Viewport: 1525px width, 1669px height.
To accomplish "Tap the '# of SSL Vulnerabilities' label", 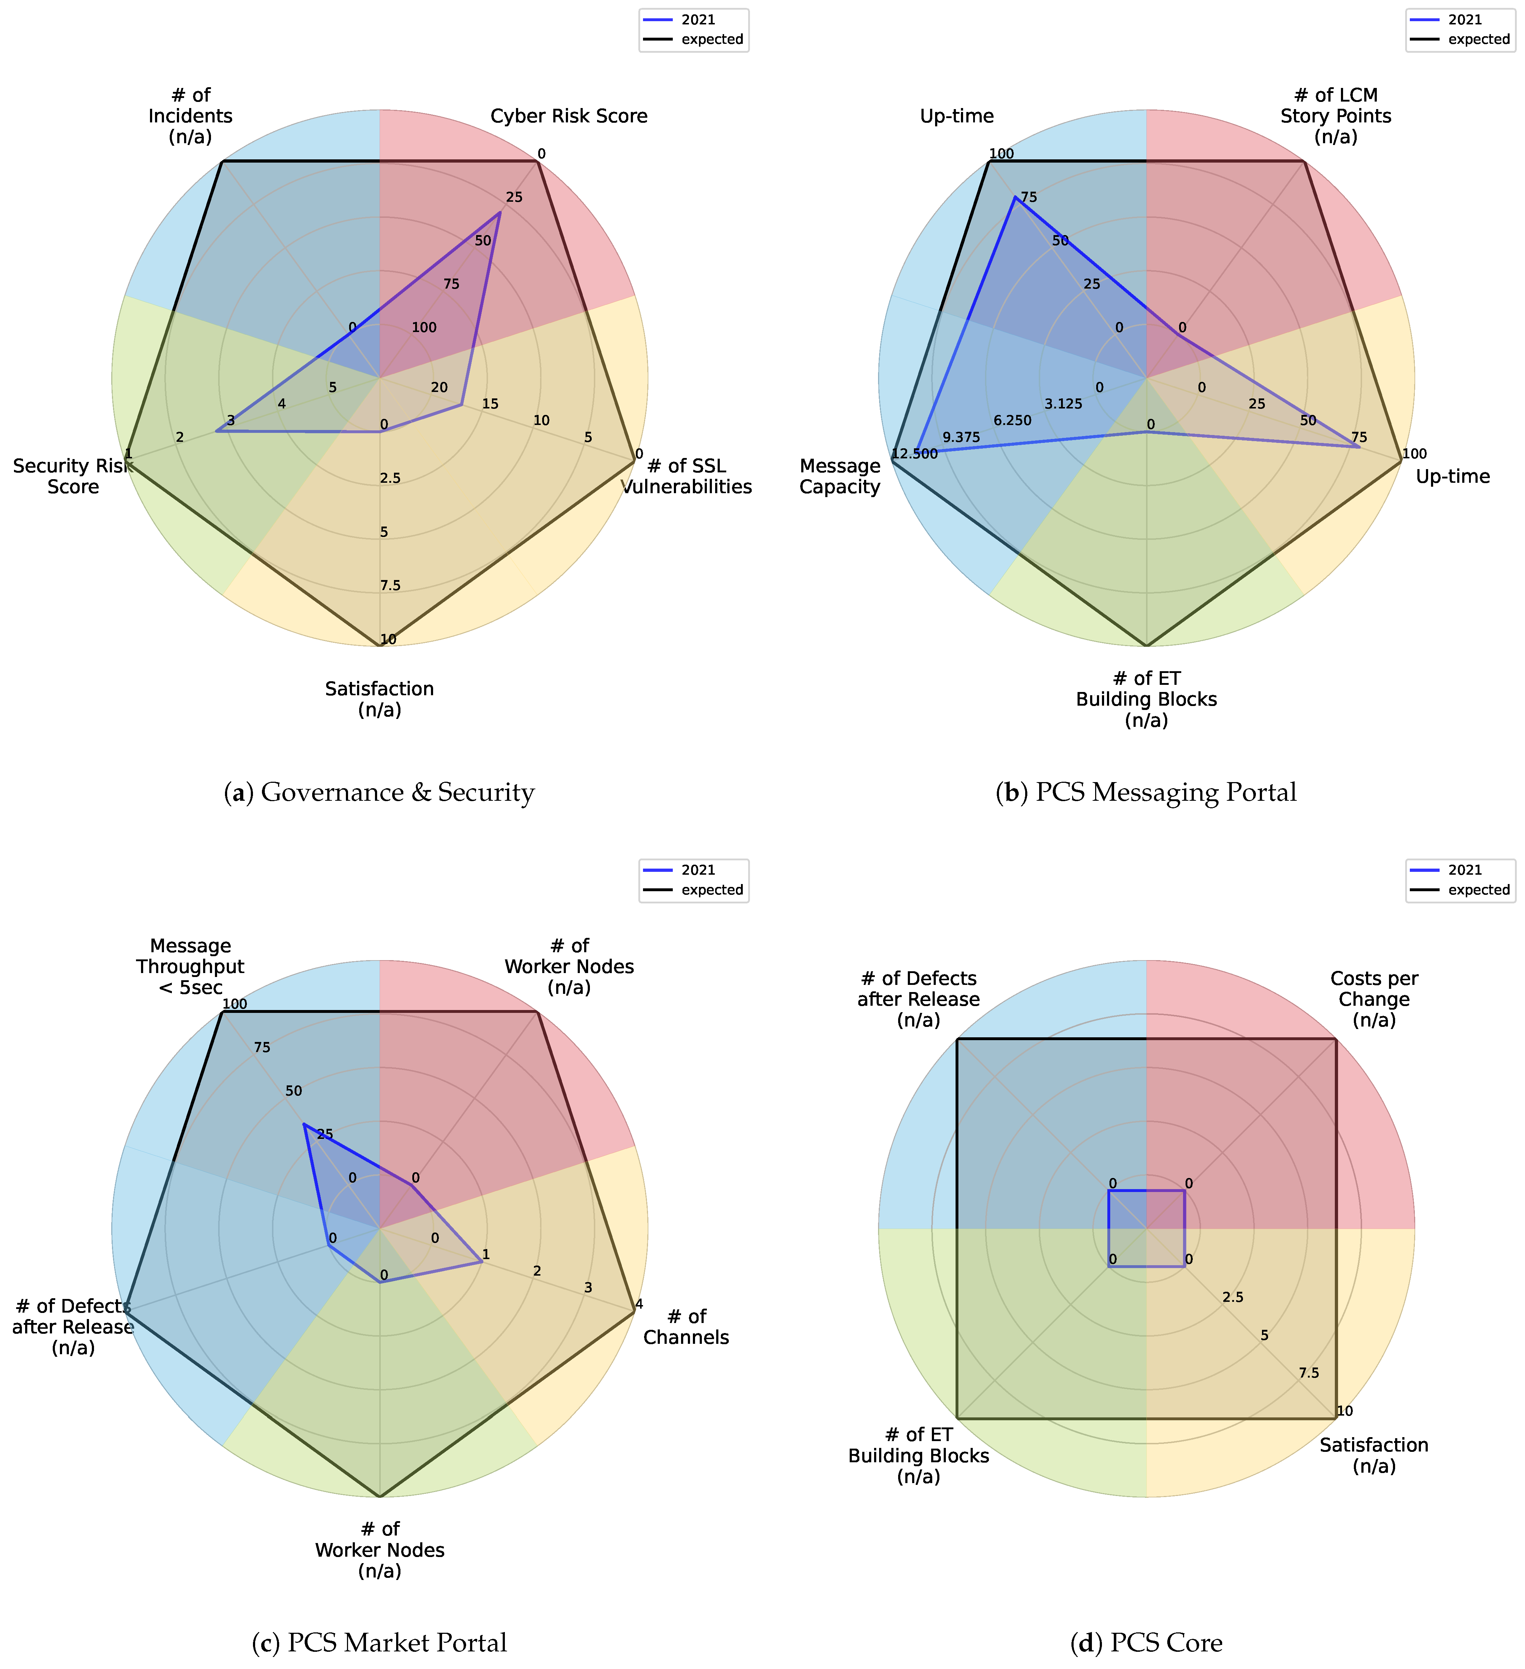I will point(686,476).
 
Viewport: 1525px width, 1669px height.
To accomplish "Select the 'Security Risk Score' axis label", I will point(73,476).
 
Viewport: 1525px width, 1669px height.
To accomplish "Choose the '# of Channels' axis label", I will point(686,1326).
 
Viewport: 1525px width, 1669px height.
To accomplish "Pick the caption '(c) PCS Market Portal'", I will point(379,1642).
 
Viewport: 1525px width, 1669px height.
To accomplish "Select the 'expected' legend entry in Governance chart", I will point(712,39).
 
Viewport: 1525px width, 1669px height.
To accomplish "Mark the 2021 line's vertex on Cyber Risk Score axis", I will point(499,213).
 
